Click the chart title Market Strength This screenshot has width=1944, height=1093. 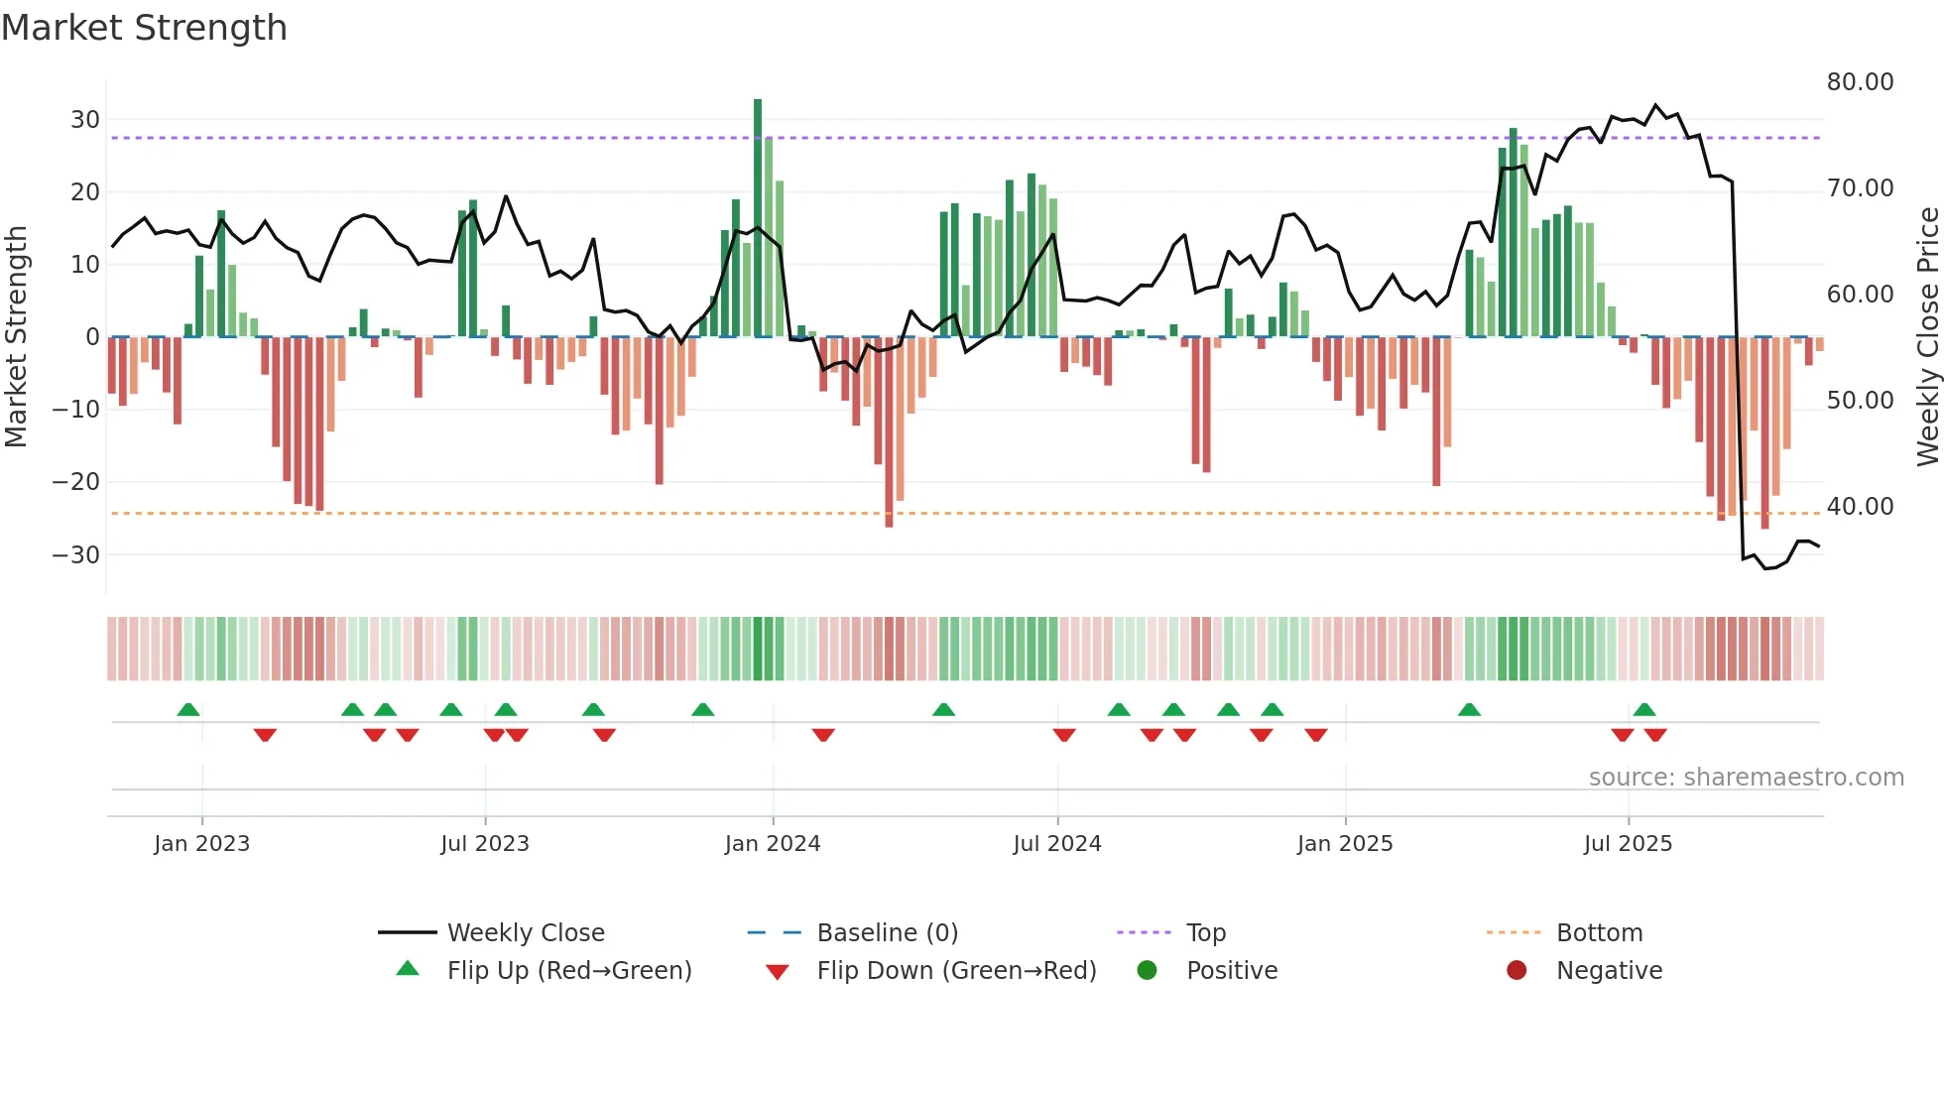(x=144, y=28)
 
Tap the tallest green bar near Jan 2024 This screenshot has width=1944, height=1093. (x=758, y=218)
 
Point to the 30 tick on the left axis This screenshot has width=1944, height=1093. (x=85, y=120)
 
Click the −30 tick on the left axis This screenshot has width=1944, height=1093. (x=77, y=554)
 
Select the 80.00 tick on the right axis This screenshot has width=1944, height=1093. (x=1860, y=82)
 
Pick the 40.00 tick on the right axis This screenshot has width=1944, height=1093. (x=1860, y=507)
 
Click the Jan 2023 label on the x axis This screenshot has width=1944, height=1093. (x=201, y=844)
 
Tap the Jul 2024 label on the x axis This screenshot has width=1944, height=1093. (x=1056, y=844)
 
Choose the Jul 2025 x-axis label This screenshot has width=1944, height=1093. (x=1628, y=844)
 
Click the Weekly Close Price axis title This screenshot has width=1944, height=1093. (x=1927, y=337)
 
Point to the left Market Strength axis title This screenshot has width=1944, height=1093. (x=16, y=337)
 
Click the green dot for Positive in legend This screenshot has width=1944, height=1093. (x=1148, y=971)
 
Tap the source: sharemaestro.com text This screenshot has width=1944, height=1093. (x=1746, y=778)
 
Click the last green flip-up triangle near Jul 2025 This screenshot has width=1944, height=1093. (x=1644, y=710)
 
